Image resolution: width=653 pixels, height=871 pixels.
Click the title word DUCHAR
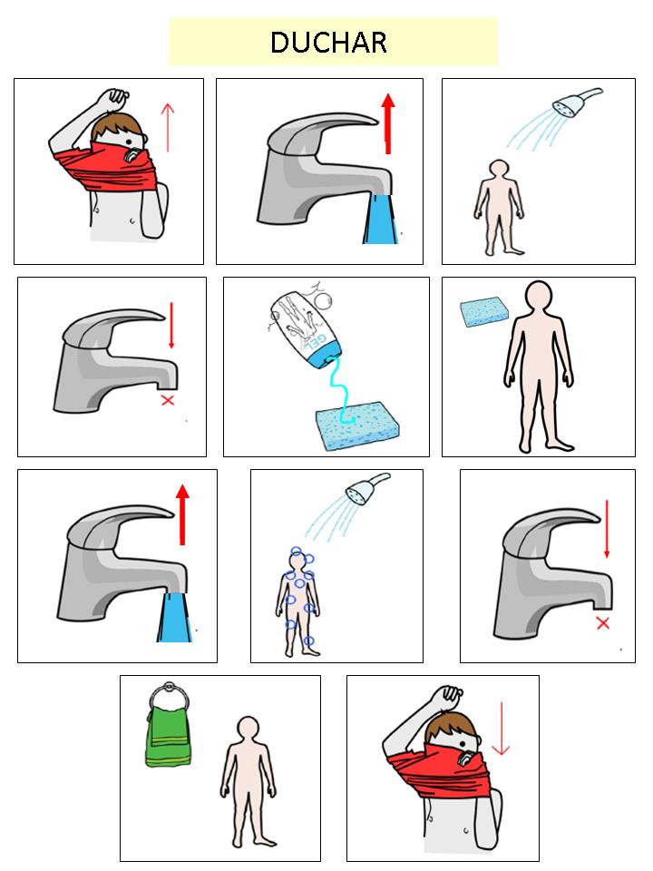pyautogui.click(x=328, y=43)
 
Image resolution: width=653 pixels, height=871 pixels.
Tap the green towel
pyautogui.click(x=169, y=737)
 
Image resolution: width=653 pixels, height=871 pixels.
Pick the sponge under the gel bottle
pyautogui.click(x=357, y=426)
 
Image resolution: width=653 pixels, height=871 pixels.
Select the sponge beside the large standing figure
pyautogui.click(x=484, y=311)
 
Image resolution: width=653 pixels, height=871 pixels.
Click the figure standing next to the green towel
pyautogui.click(x=249, y=782)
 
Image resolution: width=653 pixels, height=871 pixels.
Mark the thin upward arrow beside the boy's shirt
pyautogui.click(x=167, y=128)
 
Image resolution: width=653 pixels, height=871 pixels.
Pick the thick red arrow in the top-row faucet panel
pyautogui.click(x=388, y=123)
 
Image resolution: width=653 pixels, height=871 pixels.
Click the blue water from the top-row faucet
pyautogui.click(x=380, y=219)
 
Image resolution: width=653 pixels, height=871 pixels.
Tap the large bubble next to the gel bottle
pyautogui.click(x=323, y=299)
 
